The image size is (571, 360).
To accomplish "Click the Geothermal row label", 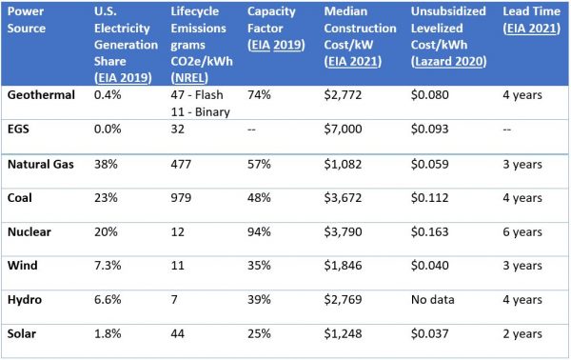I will pyautogui.click(x=40, y=95).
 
